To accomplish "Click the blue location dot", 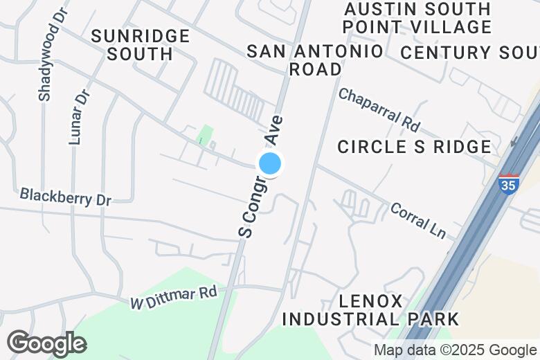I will click(270, 164).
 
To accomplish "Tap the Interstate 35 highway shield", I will click(508, 184).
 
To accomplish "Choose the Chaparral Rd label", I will click(379, 109).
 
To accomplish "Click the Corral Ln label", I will click(418, 219).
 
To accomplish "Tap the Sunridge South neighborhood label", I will click(141, 44).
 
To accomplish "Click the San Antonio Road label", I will click(315, 60).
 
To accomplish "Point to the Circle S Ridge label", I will click(414, 147).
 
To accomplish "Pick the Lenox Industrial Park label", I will click(370, 310).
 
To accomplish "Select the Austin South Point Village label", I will click(417, 18).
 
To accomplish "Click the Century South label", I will click(469, 53).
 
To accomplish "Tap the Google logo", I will click(46, 343).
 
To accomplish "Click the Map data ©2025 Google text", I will click(455, 350).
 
